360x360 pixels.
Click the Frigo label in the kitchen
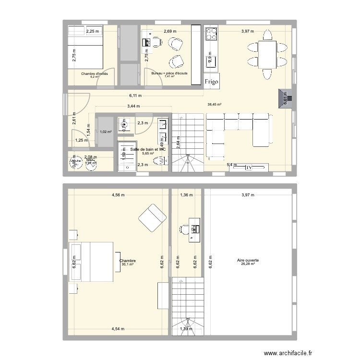[x=212, y=82]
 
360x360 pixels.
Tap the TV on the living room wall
[x=249, y=168]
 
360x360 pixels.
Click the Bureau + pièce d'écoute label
[x=169, y=73]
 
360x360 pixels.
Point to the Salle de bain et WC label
[x=148, y=149]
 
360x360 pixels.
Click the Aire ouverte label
[x=248, y=261]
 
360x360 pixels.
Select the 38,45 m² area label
[x=214, y=104]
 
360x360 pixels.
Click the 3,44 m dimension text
[x=133, y=106]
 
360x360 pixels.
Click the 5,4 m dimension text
[x=231, y=165]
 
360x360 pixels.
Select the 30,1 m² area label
[x=127, y=264]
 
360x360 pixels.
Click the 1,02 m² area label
[x=106, y=132]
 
